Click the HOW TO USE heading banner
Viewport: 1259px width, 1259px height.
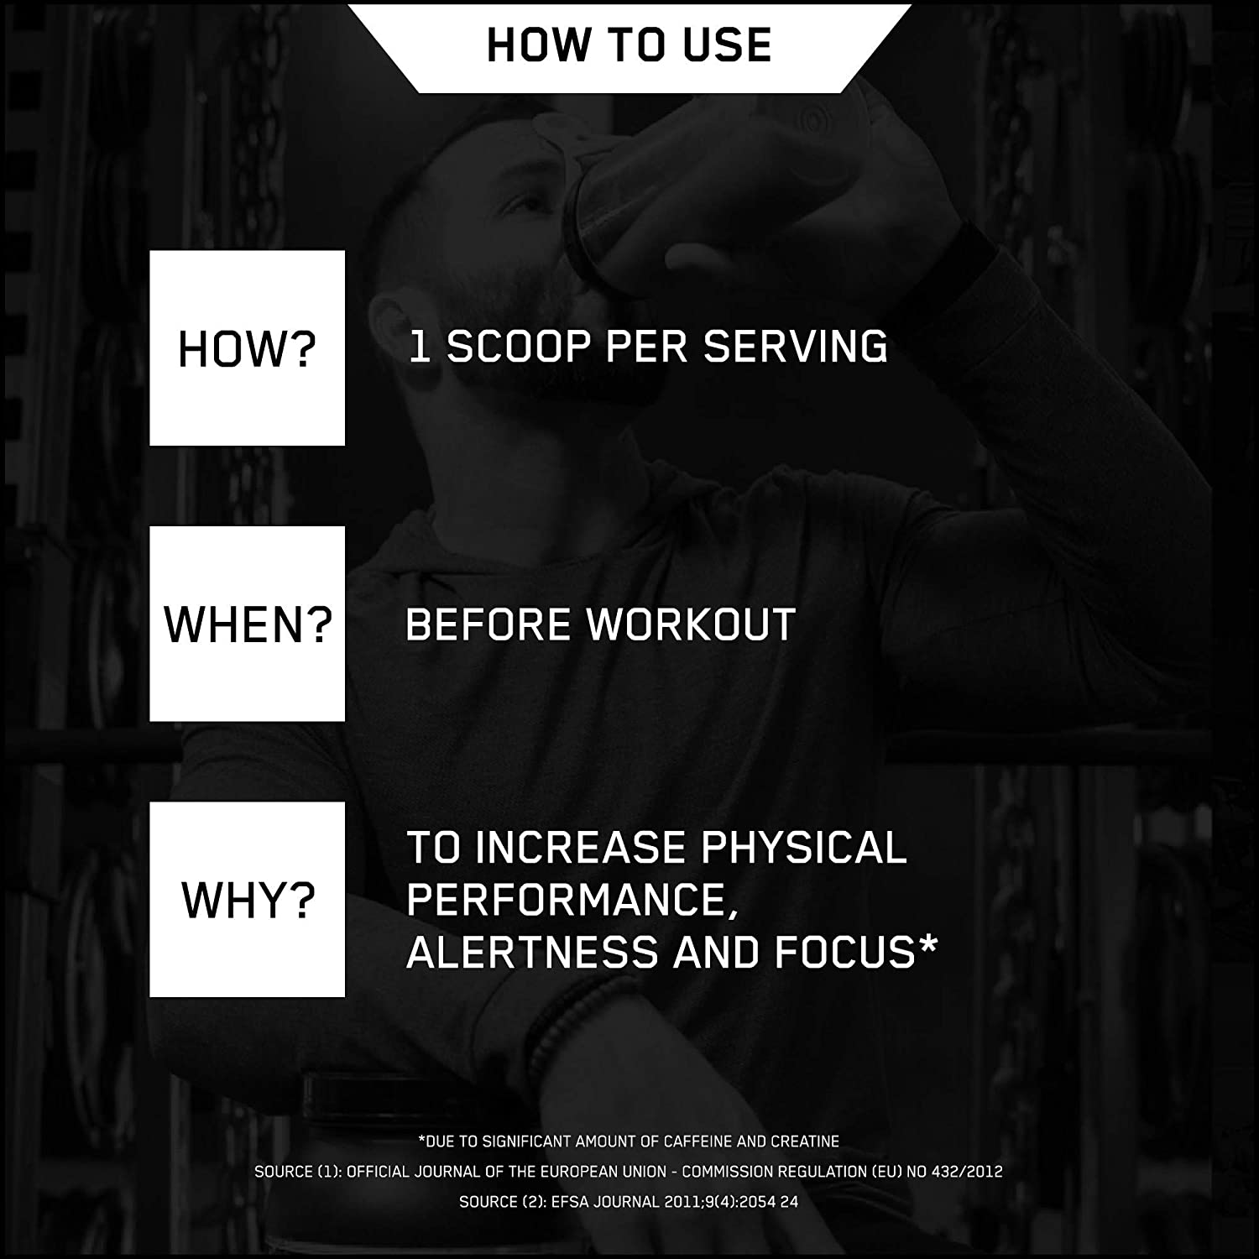(629, 47)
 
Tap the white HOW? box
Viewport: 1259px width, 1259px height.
(248, 348)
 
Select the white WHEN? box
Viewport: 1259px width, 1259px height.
(248, 624)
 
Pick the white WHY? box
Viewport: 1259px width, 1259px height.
(248, 900)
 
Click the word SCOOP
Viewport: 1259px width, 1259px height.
(518, 347)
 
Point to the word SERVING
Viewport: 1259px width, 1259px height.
(796, 347)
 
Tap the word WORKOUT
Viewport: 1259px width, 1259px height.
(691, 624)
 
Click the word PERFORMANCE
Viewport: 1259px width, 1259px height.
(566, 900)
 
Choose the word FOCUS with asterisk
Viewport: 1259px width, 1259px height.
(855, 952)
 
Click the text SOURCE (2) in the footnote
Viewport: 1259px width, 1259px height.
(500, 1202)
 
